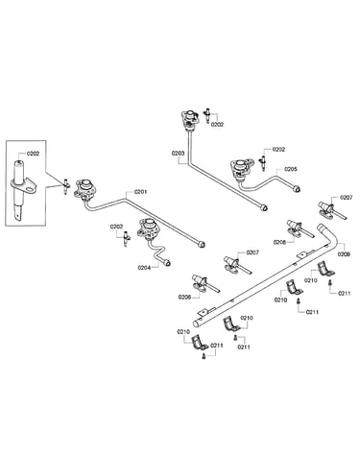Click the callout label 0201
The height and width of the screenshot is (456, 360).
coord(140,192)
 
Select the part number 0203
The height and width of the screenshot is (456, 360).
coord(178,154)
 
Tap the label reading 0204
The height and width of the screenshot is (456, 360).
coord(144,268)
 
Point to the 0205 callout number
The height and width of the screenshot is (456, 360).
coord(291,169)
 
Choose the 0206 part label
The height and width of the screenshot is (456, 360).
coord(184,298)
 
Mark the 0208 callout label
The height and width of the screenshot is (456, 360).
coord(279,242)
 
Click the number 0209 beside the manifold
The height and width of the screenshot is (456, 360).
coord(344,254)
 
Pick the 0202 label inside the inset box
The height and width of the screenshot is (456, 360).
coord(33,154)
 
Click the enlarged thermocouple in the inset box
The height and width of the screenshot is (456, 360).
coord(21,189)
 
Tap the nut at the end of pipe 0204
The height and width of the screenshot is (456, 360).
coord(166,263)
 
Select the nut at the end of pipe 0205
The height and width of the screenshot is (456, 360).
coord(298,189)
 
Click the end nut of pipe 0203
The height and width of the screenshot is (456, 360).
coord(264,208)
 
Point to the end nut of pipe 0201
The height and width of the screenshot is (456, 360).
coord(202,245)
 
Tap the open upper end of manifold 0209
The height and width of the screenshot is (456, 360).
coord(321,227)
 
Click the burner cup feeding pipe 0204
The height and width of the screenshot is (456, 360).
coord(147,228)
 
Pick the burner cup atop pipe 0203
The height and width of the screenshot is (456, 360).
coord(190,119)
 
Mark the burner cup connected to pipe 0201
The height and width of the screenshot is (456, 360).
coord(85,189)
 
